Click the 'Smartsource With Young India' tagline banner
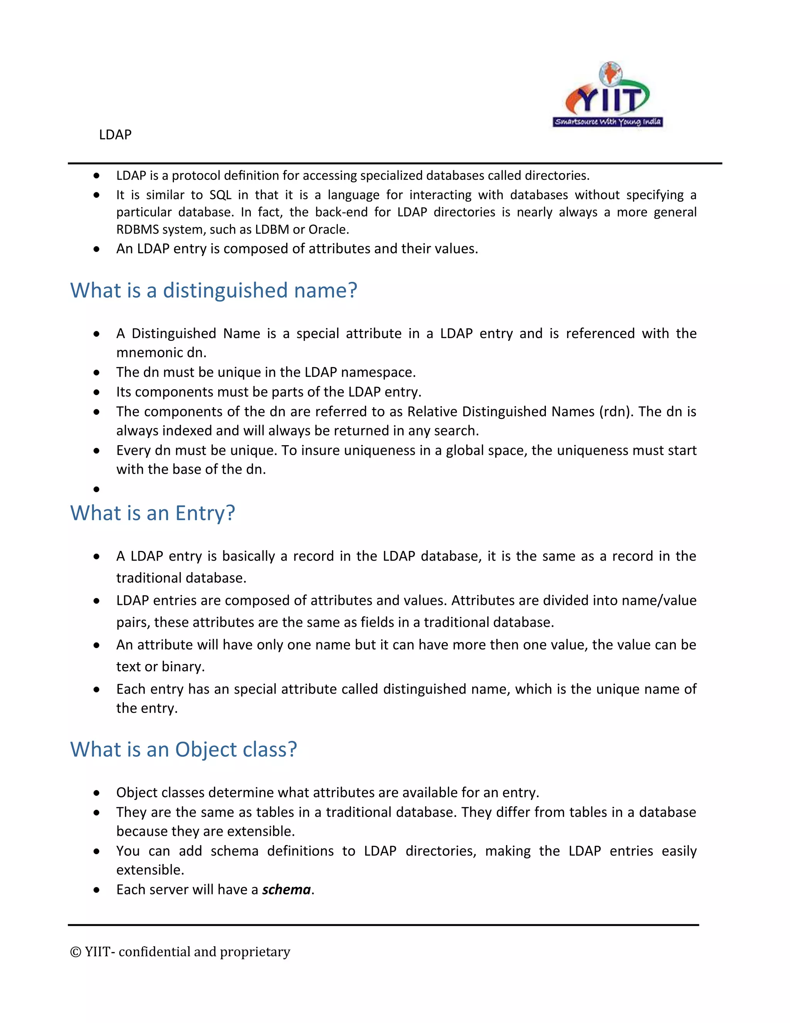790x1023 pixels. (x=608, y=122)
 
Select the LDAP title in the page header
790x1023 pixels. (x=115, y=135)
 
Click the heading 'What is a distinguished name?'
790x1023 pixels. (x=213, y=290)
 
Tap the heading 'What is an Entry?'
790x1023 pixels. (x=153, y=513)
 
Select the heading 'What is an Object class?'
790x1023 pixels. (x=184, y=749)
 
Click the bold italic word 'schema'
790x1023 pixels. (x=287, y=889)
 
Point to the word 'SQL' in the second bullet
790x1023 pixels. (x=220, y=195)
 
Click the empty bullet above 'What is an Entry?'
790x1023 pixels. (x=96, y=489)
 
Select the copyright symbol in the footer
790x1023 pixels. (x=75, y=952)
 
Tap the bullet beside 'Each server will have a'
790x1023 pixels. (x=96, y=890)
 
